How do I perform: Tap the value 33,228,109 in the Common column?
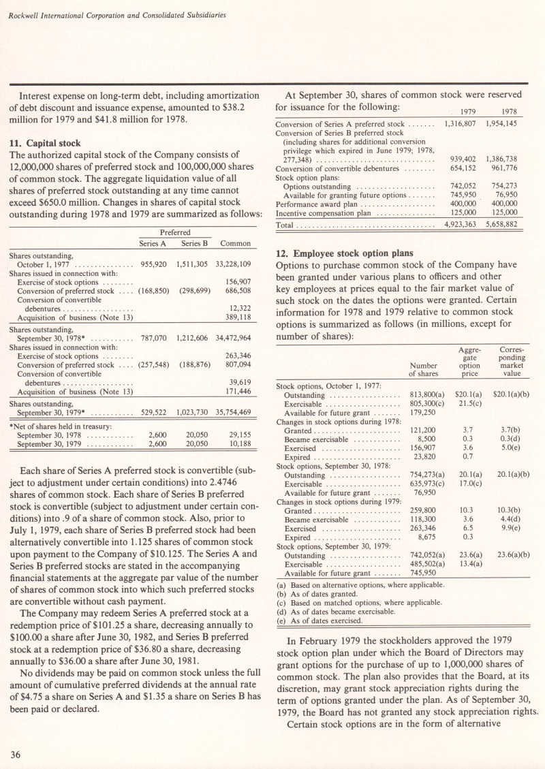233,264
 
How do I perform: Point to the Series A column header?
153,243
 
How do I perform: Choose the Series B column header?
194,243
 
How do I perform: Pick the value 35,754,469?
233,411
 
